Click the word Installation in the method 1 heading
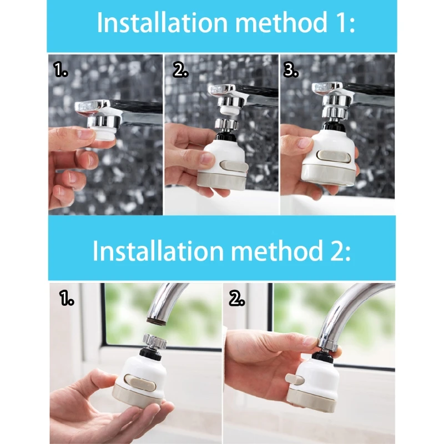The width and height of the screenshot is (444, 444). tap(163, 22)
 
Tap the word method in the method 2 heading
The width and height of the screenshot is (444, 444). tap(277, 251)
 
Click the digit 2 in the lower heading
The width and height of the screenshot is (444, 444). tap(336, 251)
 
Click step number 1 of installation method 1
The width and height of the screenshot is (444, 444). tap(60, 70)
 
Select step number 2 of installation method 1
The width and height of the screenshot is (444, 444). tap(180, 70)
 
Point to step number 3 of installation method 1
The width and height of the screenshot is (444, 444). tap(290, 70)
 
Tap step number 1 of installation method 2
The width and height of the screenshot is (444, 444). tap(67, 299)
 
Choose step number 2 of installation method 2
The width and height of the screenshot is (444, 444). tap(237, 299)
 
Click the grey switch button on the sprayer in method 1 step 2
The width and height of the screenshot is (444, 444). tap(233, 165)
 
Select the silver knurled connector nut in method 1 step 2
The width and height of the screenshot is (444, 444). tap(226, 124)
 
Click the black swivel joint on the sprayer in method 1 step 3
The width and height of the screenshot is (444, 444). tap(333, 125)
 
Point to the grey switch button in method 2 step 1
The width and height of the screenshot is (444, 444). tap(140, 381)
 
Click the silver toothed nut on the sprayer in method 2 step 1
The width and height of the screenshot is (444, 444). tap(155, 341)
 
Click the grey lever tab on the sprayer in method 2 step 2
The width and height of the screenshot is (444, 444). tap(295, 379)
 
